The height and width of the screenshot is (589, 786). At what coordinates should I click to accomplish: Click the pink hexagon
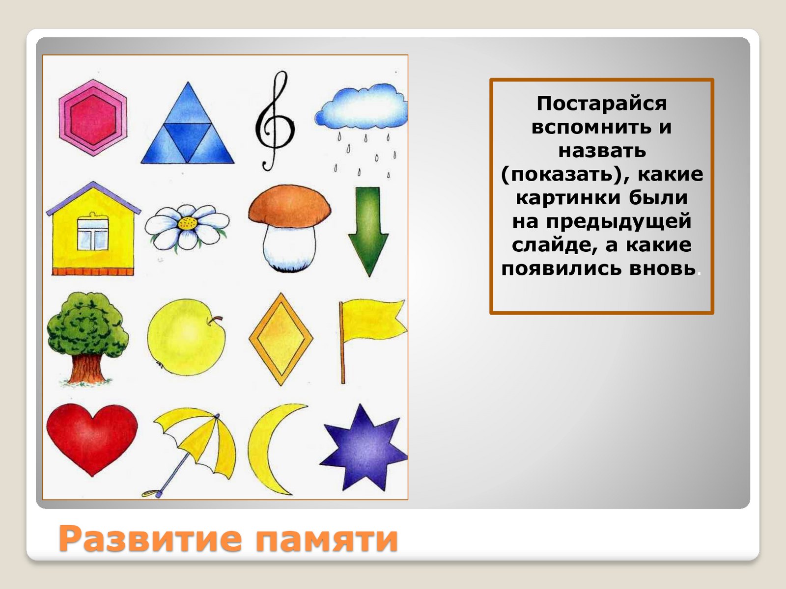click(x=93, y=118)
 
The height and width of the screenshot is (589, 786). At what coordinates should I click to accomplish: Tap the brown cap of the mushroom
click(x=289, y=206)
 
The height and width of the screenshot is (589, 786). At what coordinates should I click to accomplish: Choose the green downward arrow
click(x=368, y=232)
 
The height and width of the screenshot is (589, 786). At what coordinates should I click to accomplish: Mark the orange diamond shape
click(x=281, y=339)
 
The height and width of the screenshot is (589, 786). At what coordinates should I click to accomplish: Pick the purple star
click(x=364, y=449)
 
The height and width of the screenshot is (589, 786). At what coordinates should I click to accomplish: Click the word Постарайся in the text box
click(x=602, y=104)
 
